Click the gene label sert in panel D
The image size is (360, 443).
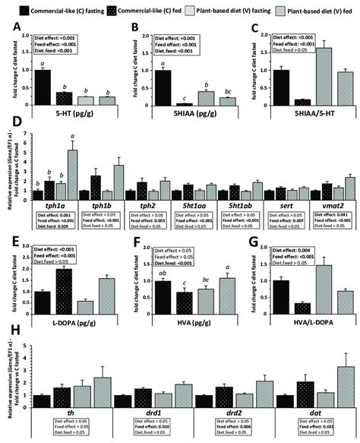(x=276, y=205)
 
